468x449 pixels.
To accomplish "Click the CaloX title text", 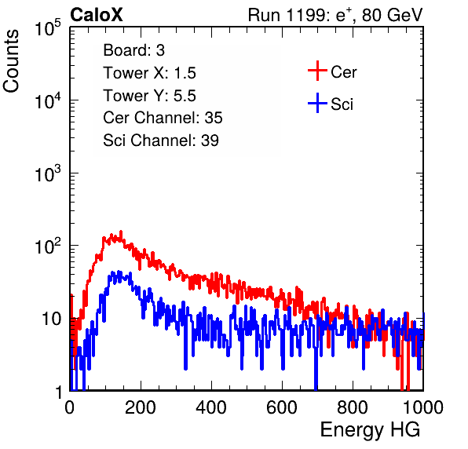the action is pyautogui.click(x=96, y=15).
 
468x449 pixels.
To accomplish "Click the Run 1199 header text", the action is pyautogui.click(x=335, y=15).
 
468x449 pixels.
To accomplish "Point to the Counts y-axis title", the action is pyautogui.click(x=11, y=61).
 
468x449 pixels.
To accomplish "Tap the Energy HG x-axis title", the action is pyautogui.click(x=370, y=430).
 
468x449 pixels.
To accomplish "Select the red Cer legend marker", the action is pyautogui.click(x=317, y=71).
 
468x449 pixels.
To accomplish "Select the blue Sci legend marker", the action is pyautogui.click(x=317, y=104).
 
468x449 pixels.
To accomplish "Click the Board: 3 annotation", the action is pyautogui.click(x=133, y=50).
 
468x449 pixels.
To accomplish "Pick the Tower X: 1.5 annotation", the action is pyautogui.click(x=149, y=73).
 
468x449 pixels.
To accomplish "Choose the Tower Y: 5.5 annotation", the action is pyautogui.click(x=149, y=96).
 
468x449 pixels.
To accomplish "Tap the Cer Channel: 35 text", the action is pyautogui.click(x=163, y=118).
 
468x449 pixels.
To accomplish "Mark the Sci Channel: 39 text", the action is pyautogui.click(x=161, y=141).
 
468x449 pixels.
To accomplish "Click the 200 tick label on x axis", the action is pyautogui.click(x=141, y=407).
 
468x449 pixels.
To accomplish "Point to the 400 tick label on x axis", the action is pyautogui.click(x=211, y=407).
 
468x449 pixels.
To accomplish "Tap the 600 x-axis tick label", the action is pyautogui.click(x=282, y=407).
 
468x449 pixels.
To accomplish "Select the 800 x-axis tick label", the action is pyautogui.click(x=353, y=407).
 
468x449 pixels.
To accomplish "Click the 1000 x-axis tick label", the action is pyautogui.click(x=423, y=407).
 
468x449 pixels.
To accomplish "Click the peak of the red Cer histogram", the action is pyautogui.click(x=121, y=232).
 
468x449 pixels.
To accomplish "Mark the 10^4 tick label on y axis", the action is pyautogui.click(x=48, y=100).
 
